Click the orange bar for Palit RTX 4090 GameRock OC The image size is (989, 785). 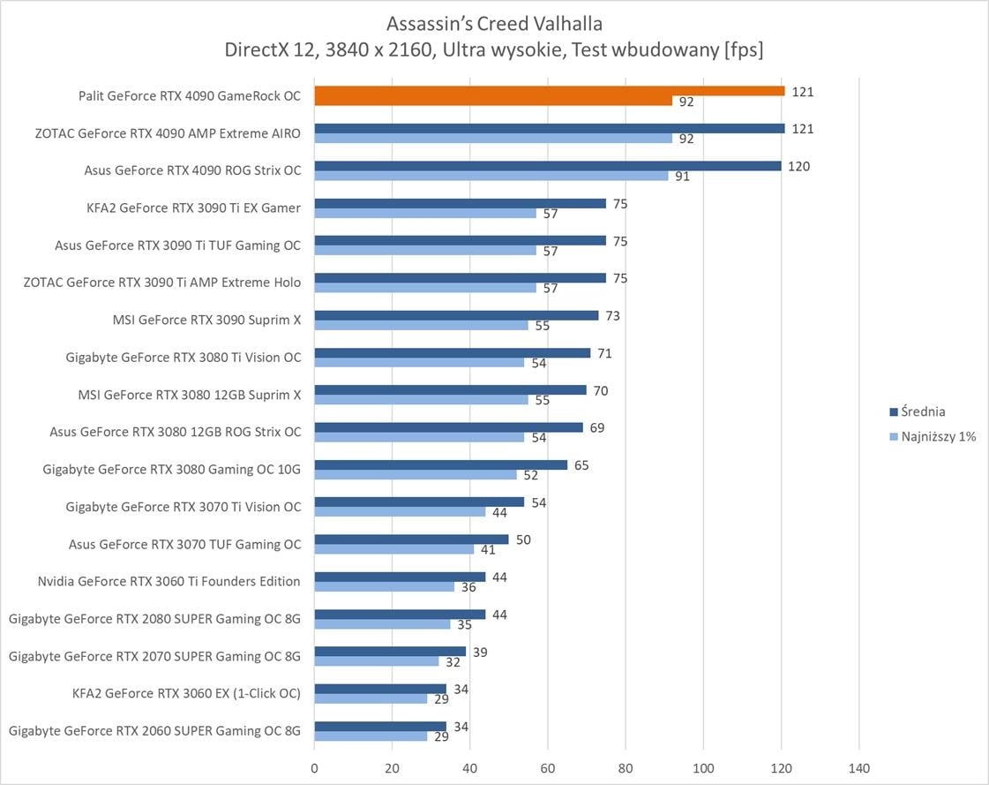pyautogui.click(x=549, y=91)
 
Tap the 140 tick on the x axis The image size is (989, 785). pyautogui.click(x=858, y=768)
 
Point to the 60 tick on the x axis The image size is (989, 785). pyautogui.click(x=548, y=768)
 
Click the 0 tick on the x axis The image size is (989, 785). pyautogui.click(x=315, y=768)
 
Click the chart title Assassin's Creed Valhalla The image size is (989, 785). pyautogui.click(x=494, y=22)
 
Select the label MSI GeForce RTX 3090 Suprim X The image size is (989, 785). pyautogui.click(x=206, y=320)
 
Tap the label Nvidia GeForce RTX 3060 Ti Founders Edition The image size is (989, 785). pyautogui.click(x=169, y=581)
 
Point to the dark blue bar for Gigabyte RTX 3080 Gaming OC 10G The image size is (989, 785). pyautogui.click(x=441, y=464)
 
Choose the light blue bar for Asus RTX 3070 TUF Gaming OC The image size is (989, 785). pyautogui.click(x=394, y=549)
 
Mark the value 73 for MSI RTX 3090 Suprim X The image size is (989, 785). pyautogui.click(x=612, y=315)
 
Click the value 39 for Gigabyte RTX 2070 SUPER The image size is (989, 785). pyautogui.click(x=480, y=652)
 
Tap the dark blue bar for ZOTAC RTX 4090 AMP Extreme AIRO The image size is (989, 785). pyautogui.click(x=549, y=128)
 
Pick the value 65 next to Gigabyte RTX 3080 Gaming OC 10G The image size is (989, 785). pyautogui.click(x=581, y=464)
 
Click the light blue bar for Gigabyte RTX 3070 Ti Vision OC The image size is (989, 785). pyautogui.click(x=400, y=512)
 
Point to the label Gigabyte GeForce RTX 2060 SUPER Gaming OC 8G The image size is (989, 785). pyautogui.click(x=154, y=730)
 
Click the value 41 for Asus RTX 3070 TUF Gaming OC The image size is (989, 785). pyautogui.click(x=488, y=549)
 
